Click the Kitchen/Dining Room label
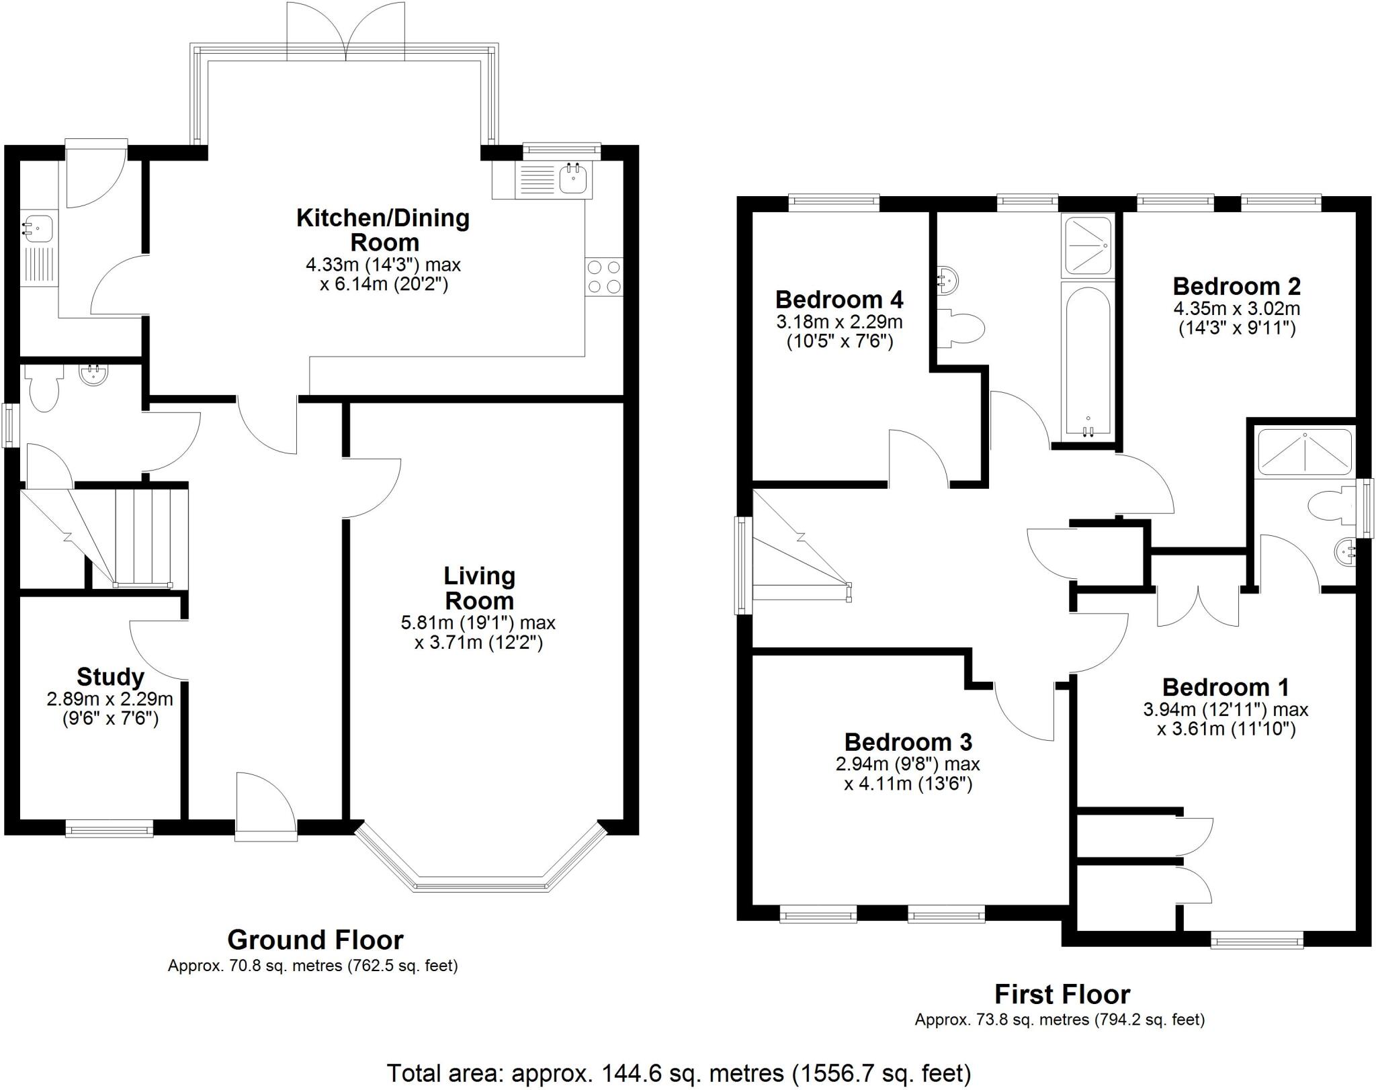click(383, 230)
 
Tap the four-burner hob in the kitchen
click(603, 277)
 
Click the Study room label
click(110, 676)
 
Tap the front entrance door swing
click(266, 802)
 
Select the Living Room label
click(479, 588)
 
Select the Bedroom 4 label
click(839, 299)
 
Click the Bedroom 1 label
click(1225, 687)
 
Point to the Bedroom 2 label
click(1236, 287)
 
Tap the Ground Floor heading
click(315, 940)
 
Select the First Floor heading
click(1062, 994)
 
